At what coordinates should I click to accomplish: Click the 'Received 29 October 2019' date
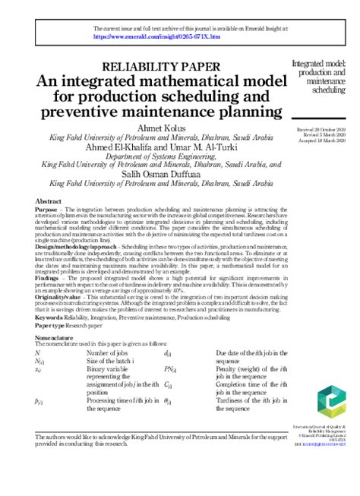point(317,130)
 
